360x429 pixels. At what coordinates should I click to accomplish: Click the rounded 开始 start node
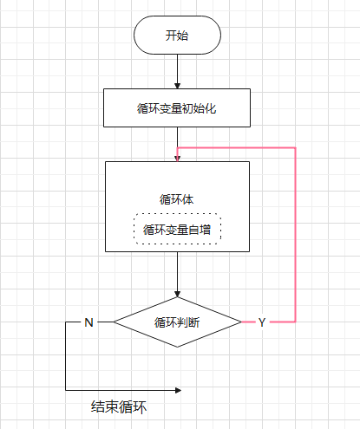pos(177,36)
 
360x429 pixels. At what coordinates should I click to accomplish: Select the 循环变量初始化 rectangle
pos(177,108)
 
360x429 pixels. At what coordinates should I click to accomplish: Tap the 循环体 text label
pos(177,199)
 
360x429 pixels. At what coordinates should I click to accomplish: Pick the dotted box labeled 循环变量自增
pos(177,230)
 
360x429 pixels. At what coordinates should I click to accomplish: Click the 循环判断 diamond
pos(177,322)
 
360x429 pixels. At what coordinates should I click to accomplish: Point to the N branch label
pos(88,322)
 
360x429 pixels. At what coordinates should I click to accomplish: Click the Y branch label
pos(261,322)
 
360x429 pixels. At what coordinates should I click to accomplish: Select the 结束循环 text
pos(120,406)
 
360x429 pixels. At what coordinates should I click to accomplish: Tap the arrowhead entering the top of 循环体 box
pos(177,158)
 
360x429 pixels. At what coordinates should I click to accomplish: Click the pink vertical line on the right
pos(296,234)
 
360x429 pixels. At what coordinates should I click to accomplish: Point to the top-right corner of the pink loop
pos(296,147)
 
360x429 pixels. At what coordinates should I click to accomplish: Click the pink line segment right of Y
pos(282,322)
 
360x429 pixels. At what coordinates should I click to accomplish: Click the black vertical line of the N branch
pos(66,355)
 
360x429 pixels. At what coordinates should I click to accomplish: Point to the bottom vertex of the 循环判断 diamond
pos(177,347)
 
